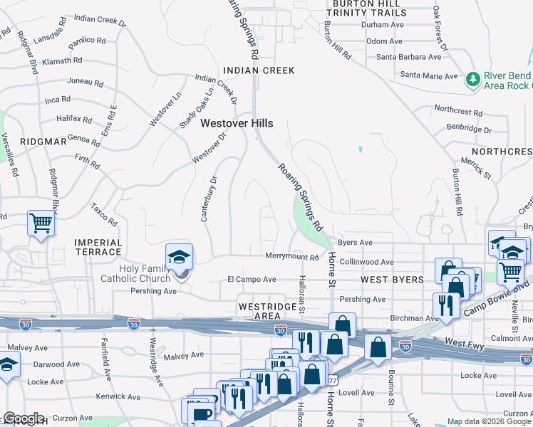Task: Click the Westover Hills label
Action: tap(237, 123)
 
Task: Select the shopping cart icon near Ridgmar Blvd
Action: tap(41, 223)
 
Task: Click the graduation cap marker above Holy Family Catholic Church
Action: tap(180, 257)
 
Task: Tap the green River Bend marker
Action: tap(472, 79)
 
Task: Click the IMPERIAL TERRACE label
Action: tap(98, 247)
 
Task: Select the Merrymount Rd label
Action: tap(291, 256)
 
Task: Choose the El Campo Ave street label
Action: tap(251, 280)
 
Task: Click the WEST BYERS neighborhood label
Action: tap(392, 280)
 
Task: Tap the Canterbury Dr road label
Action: tap(207, 199)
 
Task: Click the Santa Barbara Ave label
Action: tap(409, 57)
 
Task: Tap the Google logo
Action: tap(23, 418)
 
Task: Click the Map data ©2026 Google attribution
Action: tap(489, 421)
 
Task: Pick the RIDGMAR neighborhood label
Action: tap(43, 142)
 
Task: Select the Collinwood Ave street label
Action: tap(366, 262)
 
